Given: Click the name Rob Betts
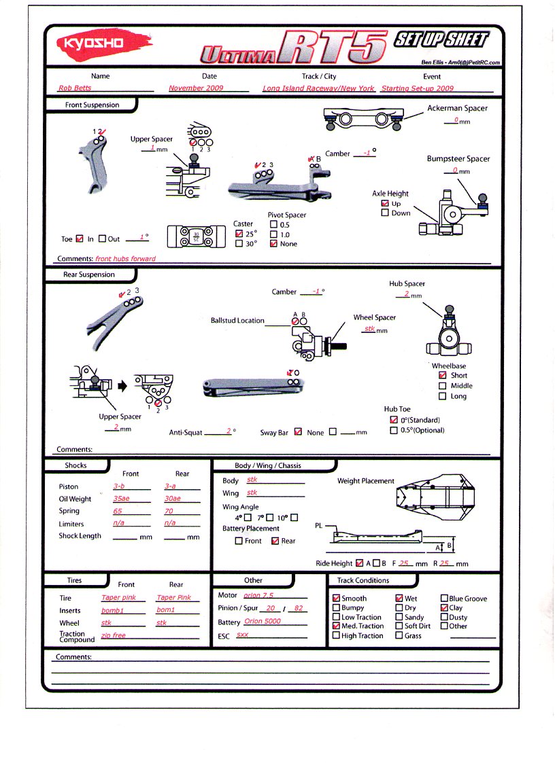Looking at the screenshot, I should point(75,88).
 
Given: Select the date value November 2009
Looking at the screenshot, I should point(196,88).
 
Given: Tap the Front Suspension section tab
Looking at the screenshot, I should point(92,105).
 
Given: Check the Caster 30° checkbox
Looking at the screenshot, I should point(239,244).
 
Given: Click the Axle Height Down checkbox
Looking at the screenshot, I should point(385,213).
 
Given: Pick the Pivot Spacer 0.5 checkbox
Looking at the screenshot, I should point(273,225).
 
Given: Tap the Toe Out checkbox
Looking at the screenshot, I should point(102,239).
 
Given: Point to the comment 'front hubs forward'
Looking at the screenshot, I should point(125,259).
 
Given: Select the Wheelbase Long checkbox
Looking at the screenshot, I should point(443,396).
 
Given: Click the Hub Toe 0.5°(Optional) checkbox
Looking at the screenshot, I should point(394,430).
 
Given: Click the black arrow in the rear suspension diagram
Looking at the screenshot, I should point(123,386).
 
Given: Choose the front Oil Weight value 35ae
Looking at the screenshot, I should point(122,499).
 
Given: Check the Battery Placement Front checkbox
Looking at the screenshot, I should point(239,541).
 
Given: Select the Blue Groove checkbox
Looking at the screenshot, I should point(444,599).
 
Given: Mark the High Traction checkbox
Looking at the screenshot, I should point(336,636).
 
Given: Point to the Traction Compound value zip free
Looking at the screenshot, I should point(114,636).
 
